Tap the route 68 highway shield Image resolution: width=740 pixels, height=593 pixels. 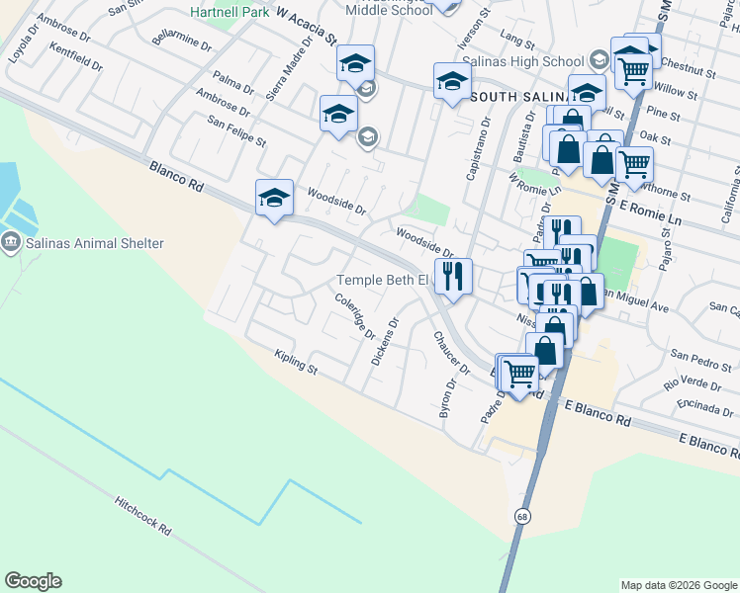[x=521, y=516]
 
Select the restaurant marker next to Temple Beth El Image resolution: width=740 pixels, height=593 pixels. [x=453, y=276]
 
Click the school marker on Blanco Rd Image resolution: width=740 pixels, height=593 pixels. [x=273, y=196]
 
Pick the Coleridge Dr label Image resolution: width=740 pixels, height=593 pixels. [x=354, y=316]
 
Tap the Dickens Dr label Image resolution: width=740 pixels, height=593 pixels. [x=384, y=342]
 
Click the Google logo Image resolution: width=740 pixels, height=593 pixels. [x=33, y=581]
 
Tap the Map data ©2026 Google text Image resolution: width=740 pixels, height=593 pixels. [x=679, y=585]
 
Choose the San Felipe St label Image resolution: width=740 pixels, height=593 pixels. [x=236, y=133]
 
